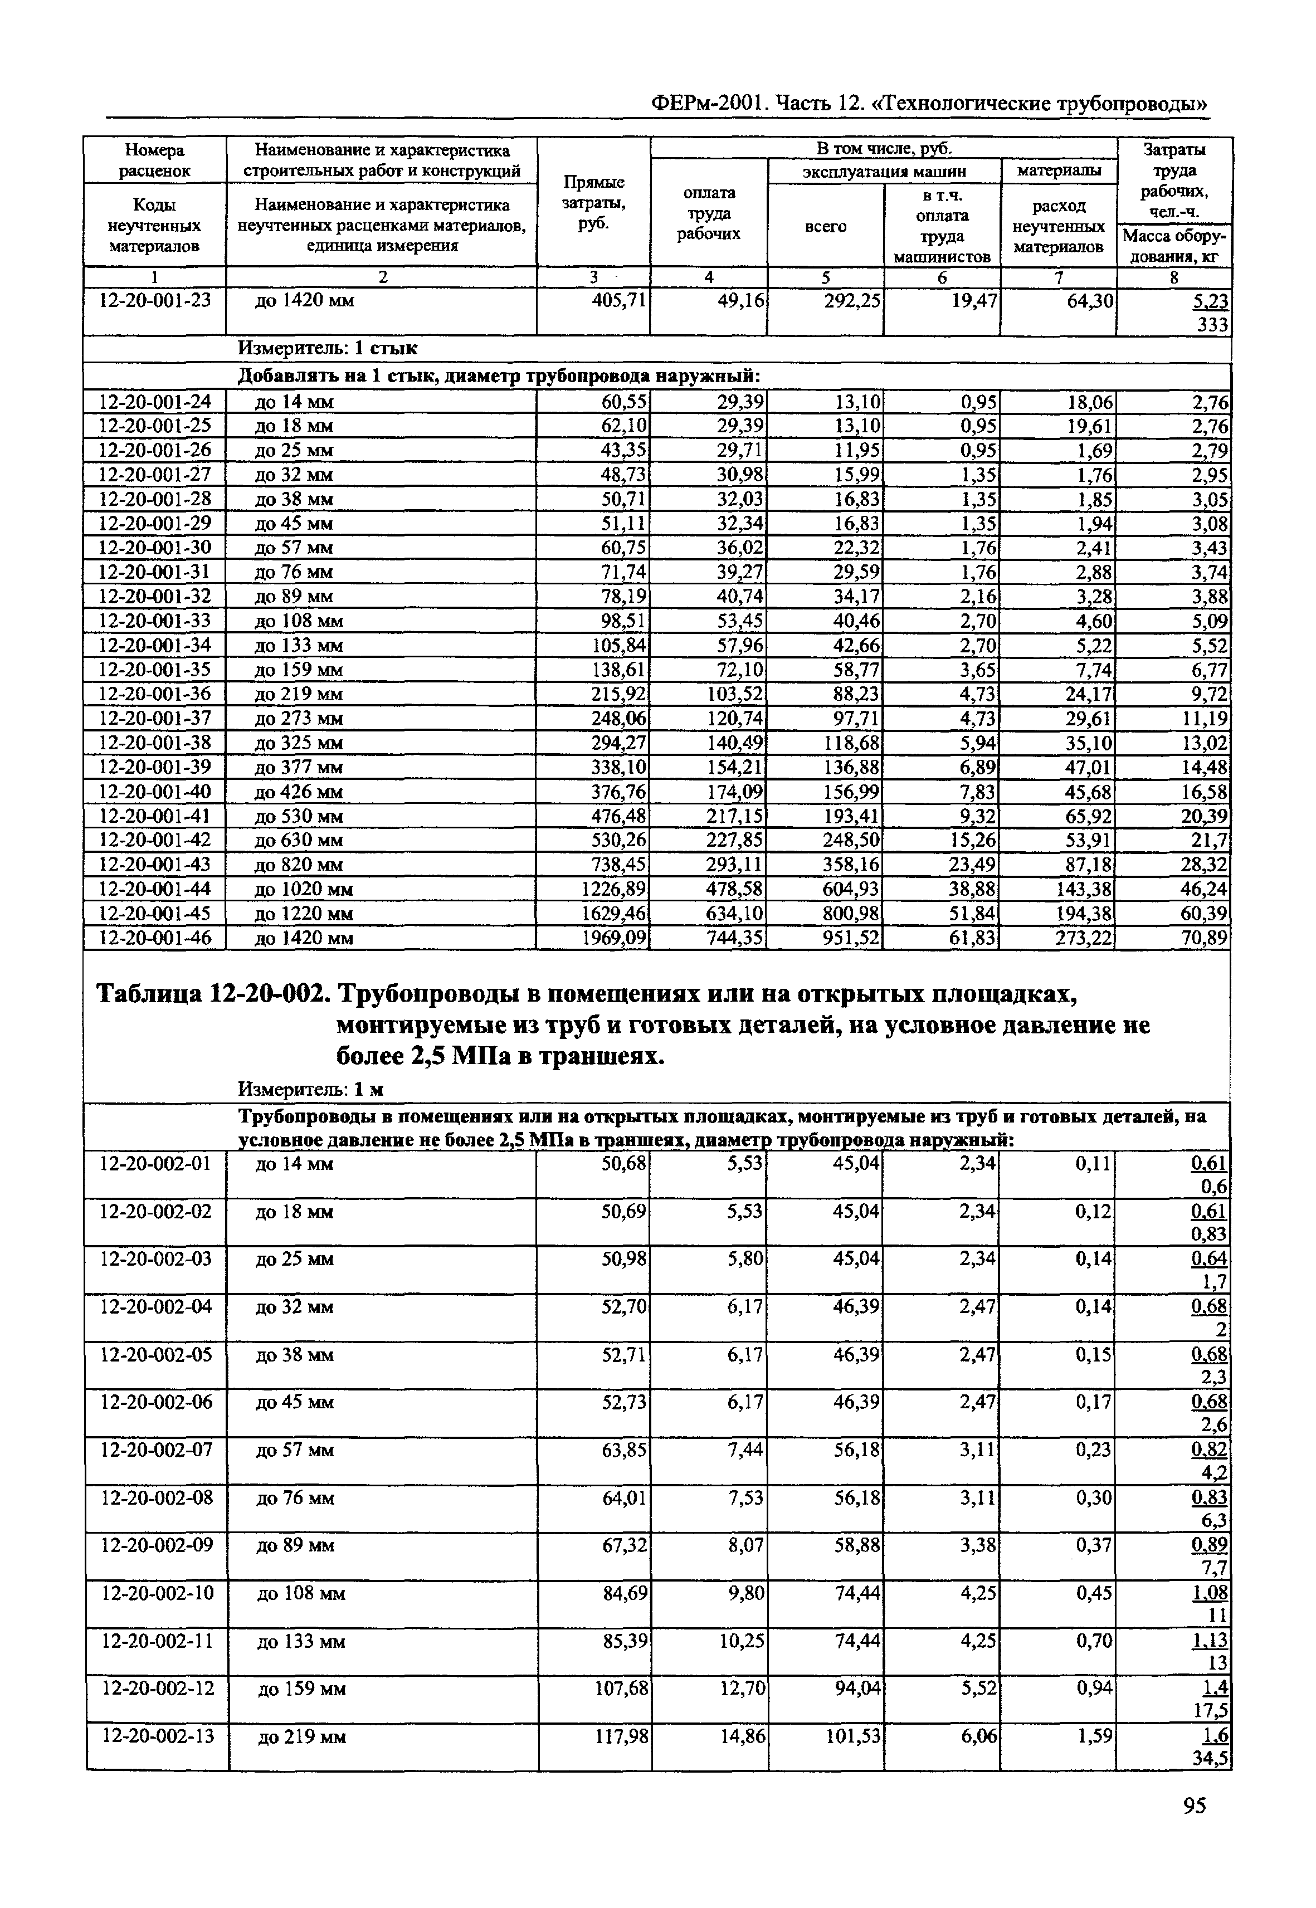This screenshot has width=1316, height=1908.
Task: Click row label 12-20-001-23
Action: click(x=155, y=300)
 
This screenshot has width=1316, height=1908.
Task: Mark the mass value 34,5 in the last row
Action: click(x=1211, y=1759)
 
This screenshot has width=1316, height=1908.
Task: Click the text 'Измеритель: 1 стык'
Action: click(x=328, y=349)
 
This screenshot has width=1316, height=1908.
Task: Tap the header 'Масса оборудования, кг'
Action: click(x=1174, y=246)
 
